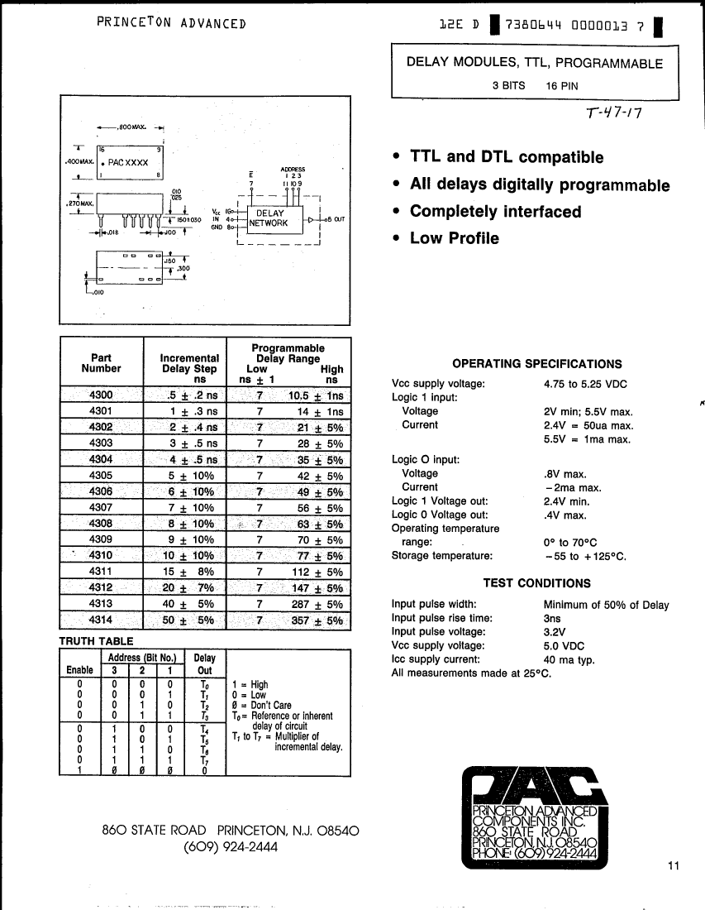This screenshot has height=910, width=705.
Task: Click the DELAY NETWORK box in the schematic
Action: (270, 218)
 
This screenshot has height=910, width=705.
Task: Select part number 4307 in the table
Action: (101, 507)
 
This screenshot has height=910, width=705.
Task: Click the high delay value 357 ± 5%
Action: (317, 620)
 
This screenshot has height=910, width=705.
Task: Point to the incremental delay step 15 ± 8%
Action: (192, 572)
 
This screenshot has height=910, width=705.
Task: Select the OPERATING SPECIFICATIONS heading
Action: (537, 364)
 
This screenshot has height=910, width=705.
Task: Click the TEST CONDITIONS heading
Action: (537, 583)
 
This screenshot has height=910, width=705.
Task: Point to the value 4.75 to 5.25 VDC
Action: (585, 384)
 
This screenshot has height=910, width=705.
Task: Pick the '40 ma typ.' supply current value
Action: (569, 660)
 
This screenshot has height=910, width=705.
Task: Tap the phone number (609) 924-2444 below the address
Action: (231, 847)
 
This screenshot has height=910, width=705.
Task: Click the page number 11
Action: (673, 866)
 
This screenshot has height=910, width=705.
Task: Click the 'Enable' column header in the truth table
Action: (79, 669)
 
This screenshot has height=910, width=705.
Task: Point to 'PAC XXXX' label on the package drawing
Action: (128, 163)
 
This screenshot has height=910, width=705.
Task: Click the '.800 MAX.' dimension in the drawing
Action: (131, 128)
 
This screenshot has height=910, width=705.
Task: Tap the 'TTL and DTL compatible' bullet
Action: (507, 157)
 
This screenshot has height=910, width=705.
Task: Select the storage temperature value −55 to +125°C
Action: (585, 556)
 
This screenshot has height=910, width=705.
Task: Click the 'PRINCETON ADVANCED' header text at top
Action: (171, 23)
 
